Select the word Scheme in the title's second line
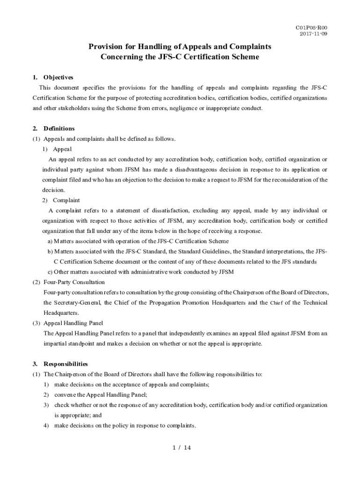pos(240,57)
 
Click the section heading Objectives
pos(58,77)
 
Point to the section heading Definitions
pos(59,128)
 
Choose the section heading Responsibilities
pos(65,363)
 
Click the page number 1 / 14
pos(181,448)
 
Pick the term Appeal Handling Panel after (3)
pos(73,323)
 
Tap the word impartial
pos(55,344)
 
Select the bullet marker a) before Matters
pos(50,241)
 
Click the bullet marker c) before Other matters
pos(50,272)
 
